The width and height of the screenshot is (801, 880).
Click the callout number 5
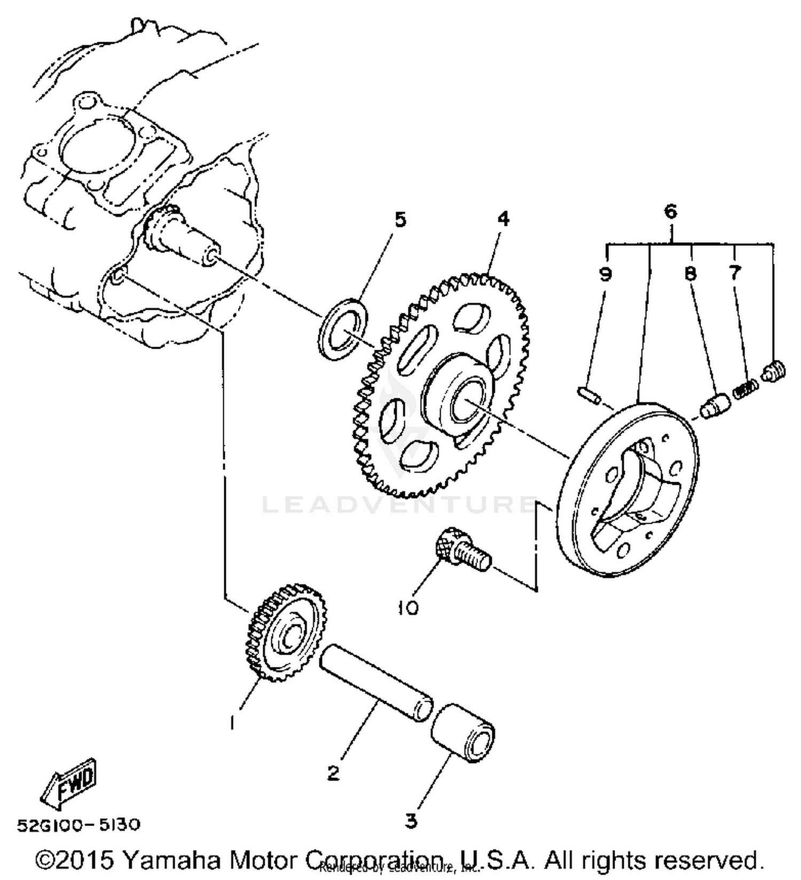point(400,220)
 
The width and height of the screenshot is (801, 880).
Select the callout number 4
point(503,218)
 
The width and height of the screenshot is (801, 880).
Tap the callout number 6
point(671,211)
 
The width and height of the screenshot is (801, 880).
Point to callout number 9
point(605,274)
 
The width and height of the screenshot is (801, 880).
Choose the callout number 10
point(409,608)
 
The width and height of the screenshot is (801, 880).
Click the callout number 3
point(411,821)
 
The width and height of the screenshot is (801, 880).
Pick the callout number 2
point(334,773)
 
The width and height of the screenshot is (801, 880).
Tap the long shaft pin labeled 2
point(376,683)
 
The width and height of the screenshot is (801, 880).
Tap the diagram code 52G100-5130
point(79,825)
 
